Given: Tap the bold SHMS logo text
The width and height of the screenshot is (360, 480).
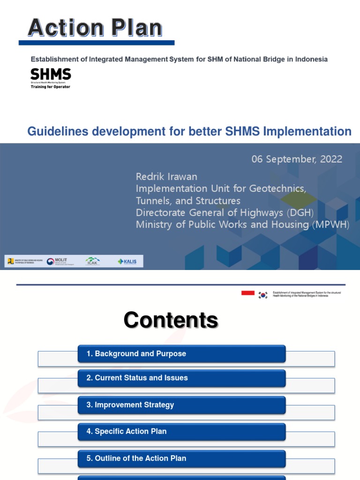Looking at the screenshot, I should click(51, 74).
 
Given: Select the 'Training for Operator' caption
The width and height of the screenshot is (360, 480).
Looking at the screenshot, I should click(50, 87).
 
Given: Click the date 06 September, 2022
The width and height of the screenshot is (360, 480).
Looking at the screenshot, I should click(297, 159).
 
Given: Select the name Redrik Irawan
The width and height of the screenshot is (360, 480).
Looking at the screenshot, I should click(166, 177).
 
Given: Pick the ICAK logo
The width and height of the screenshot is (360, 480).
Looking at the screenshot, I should click(92, 262).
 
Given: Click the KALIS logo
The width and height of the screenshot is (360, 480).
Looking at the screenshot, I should click(127, 262).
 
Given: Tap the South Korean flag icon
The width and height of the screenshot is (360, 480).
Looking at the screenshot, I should click(263, 295).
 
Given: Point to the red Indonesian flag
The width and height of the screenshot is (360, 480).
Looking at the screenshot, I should click(248, 293).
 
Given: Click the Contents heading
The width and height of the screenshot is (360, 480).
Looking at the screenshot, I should click(171, 321).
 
